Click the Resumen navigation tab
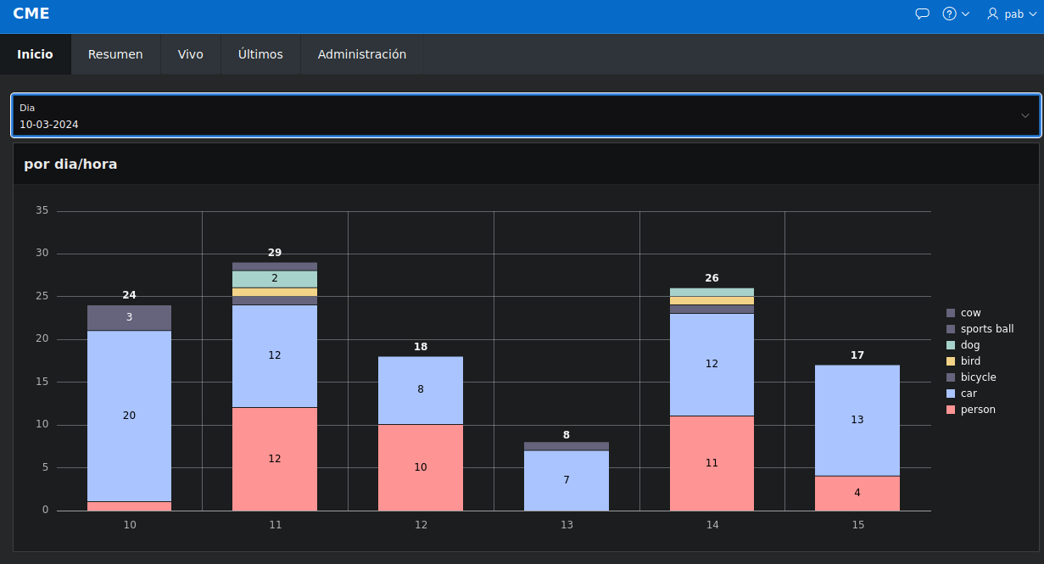coord(115,54)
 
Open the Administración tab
coord(362,54)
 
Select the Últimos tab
coord(260,54)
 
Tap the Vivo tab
coord(190,54)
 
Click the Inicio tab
coord(35,54)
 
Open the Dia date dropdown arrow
coord(1024,115)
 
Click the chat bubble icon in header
coord(923,14)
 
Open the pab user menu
coord(1012,14)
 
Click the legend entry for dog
coord(969,345)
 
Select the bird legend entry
coord(969,361)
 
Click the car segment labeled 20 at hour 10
coord(129,416)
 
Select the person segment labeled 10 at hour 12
coord(421,467)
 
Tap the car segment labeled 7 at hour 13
coord(567,480)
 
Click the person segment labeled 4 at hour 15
coord(857,493)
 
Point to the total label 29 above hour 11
coord(275,253)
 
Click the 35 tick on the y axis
coord(42,211)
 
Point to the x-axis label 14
coord(712,525)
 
